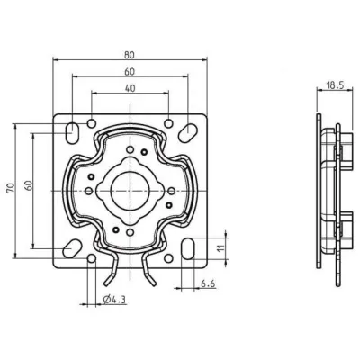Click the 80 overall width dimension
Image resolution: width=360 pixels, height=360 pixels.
tap(132, 53)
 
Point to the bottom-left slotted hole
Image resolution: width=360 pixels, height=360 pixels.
tap(70, 244)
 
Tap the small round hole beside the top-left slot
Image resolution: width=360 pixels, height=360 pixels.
tap(92, 122)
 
